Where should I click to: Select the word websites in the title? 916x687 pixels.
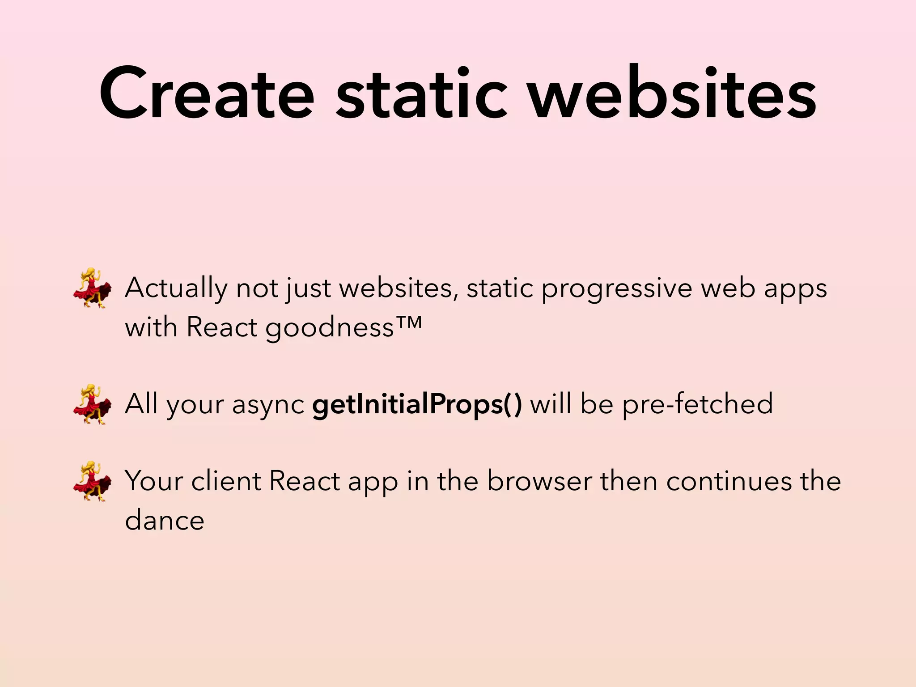tap(673, 94)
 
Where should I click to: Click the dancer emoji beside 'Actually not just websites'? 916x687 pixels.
tap(92, 288)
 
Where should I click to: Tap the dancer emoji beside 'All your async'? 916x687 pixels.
tap(92, 404)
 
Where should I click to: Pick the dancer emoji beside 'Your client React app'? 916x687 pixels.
tap(92, 481)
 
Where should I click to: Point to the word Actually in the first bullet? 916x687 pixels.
tap(176, 288)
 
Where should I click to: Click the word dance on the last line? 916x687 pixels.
tap(165, 520)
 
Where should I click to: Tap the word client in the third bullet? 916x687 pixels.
tap(226, 481)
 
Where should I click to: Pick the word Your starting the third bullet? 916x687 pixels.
tap(154, 481)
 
